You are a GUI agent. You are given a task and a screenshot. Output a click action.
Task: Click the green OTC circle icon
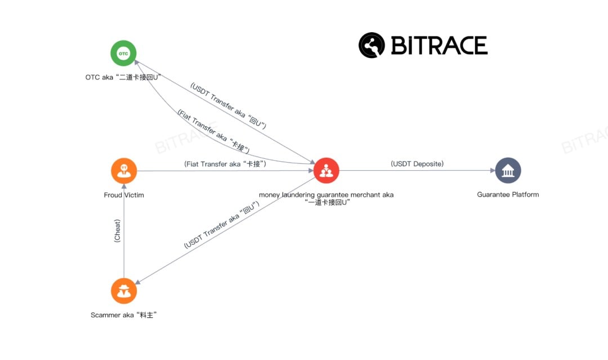pos(123,53)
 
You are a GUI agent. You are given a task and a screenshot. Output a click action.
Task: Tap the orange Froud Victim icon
pos(124,171)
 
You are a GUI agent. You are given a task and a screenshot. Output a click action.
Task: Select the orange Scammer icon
pos(124,291)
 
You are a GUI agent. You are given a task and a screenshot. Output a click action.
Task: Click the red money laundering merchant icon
pos(326,171)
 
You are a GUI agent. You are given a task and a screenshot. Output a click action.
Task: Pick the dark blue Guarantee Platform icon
pos(508,170)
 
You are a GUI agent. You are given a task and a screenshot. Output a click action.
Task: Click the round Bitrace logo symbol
pos(372,45)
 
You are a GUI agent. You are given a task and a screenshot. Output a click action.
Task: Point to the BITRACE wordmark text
pos(439,46)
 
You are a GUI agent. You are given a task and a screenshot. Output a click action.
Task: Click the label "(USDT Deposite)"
pos(417,164)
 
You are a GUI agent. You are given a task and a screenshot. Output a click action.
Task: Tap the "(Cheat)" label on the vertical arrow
pos(117,231)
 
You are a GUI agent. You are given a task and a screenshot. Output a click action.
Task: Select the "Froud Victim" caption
pos(124,195)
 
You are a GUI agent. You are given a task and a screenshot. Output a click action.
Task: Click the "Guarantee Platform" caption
pos(508,194)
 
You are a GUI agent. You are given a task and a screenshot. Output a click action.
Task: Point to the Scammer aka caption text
pos(124,315)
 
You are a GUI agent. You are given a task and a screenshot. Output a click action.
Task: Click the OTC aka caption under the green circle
pos(123,77)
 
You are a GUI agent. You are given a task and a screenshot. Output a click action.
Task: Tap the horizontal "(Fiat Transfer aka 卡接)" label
pos(225,164)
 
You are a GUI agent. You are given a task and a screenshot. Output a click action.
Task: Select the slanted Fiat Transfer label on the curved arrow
pos(213,131)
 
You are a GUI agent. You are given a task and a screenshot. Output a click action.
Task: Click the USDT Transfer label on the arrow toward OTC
pos(228,105)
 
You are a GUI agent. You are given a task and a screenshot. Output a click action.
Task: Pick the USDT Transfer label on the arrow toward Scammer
pos(221,225)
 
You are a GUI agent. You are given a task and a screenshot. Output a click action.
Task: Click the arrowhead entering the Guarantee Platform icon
pos(493,170)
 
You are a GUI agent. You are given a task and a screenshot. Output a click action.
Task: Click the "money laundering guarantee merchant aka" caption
pos(326,195)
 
